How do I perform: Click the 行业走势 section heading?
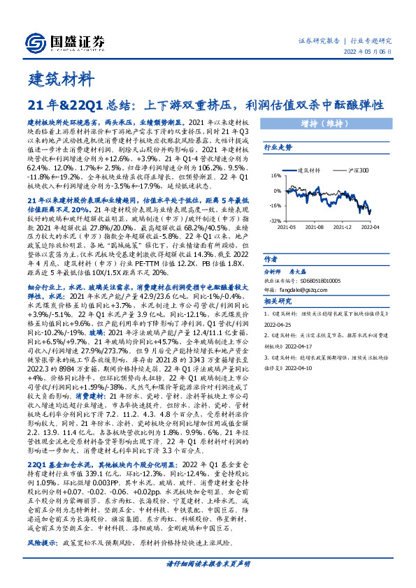[x=278, y=148]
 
